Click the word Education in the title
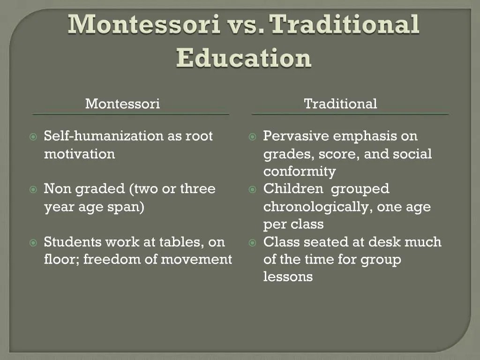(x=244, y=58)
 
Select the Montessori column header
(x=122, y=104)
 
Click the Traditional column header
(x=340, y=104)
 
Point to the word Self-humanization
(x=104, y=136)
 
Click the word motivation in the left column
(x=79, y=154)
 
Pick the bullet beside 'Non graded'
(x=33, y=190)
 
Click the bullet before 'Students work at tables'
(x=33, y=243)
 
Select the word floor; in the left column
(x=62, y=259)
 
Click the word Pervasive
(x=296, y=136)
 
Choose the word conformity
(x=299, y=172)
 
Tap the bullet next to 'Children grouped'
(x=253, y=190)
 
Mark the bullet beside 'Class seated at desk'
(x=253, y=243)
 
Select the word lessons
(x=288, y=277)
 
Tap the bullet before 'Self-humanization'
(x=33, y=137)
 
